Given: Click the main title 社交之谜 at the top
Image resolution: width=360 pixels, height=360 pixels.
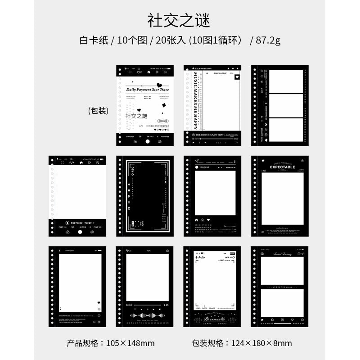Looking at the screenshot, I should pyautogui.click(x=179, y=20).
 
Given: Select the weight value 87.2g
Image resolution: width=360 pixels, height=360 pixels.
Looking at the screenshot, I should pyautogui.click(x=268, y=40).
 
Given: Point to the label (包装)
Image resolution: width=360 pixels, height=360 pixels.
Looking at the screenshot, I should pyautogui.click(x=98, y=111).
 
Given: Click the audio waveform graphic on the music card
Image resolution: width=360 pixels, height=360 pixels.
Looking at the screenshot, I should pyautogui.click(x=145, y=316).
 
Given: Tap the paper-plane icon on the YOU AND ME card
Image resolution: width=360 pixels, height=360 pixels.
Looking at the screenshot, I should pyautogui.click(x=197, y=161).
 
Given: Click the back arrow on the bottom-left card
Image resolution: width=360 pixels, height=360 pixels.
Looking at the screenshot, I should pyautogui.click(x=59, y=251).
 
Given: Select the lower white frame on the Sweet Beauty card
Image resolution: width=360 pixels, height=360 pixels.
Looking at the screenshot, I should pyautogui.click(x=283, y=301).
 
